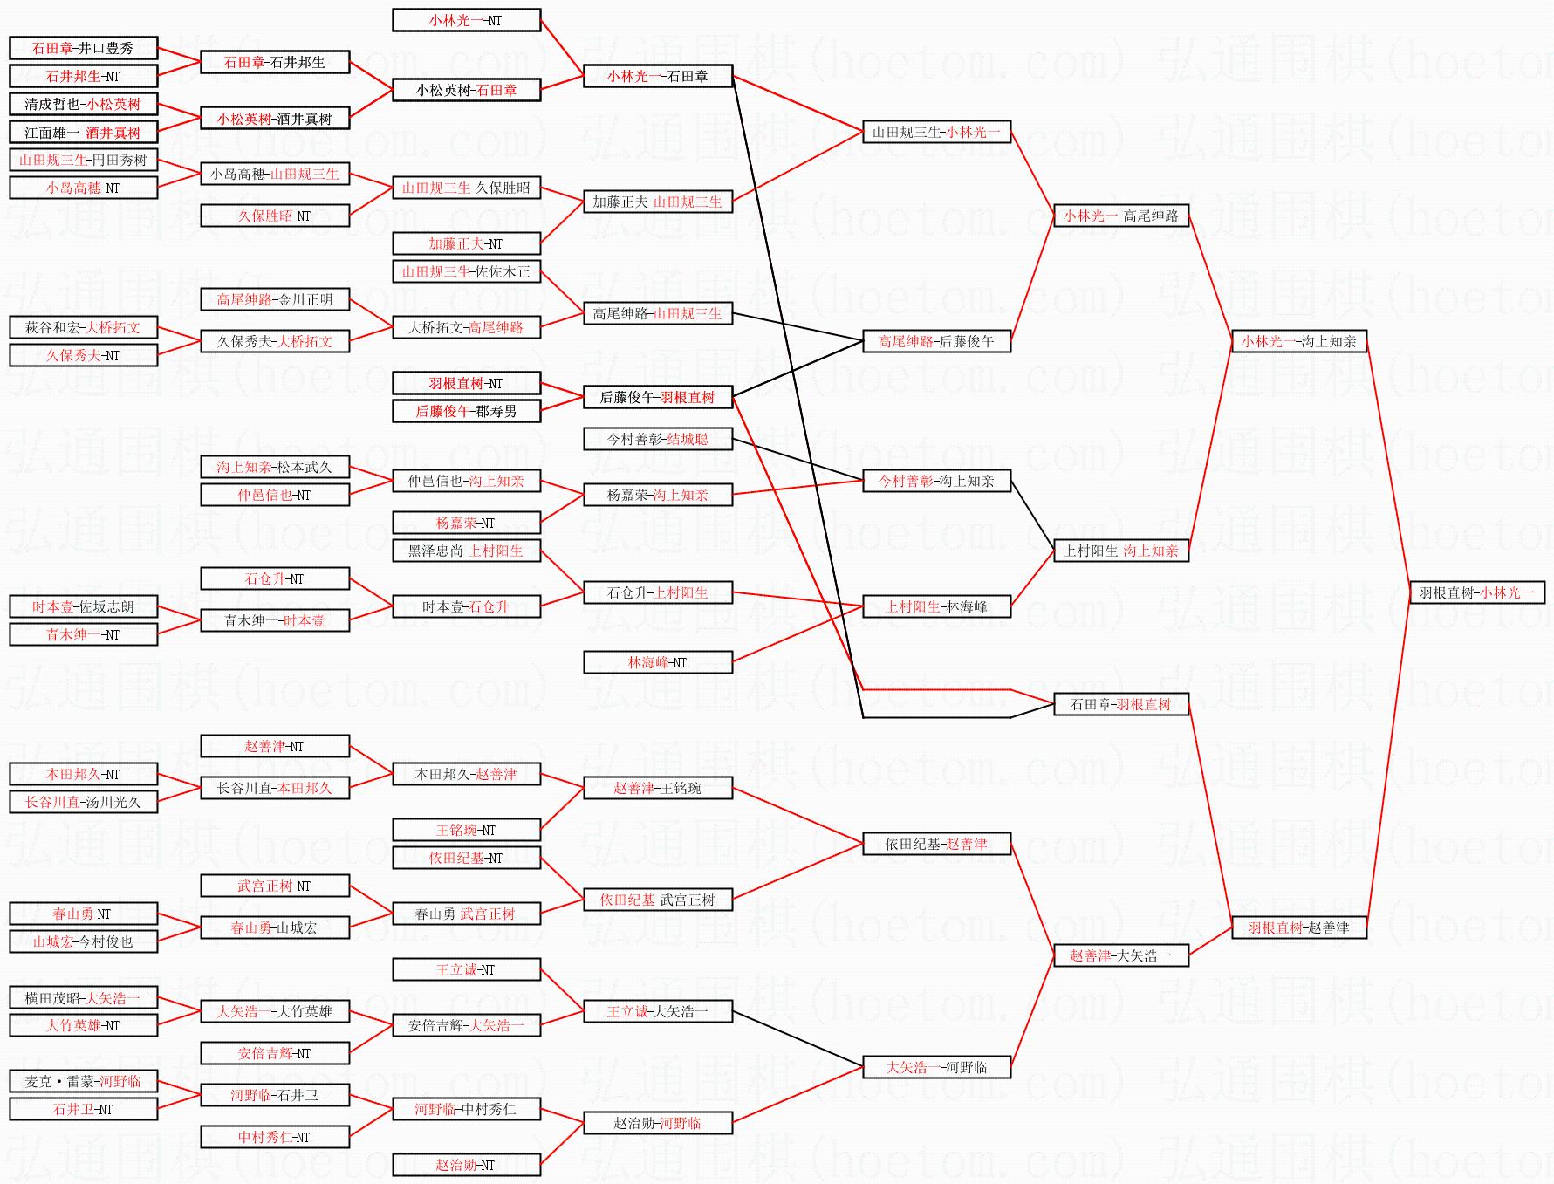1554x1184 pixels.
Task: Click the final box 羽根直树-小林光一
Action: (x=1476, y=592)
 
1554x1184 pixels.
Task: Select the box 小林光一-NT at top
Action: (x=466, y=20)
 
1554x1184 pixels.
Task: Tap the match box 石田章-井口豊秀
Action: (x=83, y=48)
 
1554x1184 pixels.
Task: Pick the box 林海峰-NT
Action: (x=657, y=662)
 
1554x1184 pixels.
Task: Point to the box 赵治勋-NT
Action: (x=466, y=1165)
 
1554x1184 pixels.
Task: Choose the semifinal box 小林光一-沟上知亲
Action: (x=1298, y=341)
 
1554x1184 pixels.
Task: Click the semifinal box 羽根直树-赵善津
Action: (x=1298, y=927)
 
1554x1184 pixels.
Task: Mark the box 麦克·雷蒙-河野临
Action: (x=83, y=1081)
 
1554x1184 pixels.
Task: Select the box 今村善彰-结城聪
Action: (x=657, y=439)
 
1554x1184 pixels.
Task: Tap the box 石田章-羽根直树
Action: (x=1120, y=704)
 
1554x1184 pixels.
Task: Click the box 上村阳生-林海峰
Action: (x=936, y=606)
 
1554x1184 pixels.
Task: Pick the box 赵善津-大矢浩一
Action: (x=1120, y=955)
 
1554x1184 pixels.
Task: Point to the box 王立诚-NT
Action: (x=466, y=969)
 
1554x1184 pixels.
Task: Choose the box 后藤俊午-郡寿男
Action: (x=466, y=411)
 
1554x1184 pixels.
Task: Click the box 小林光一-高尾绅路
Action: (x=1120, y=216)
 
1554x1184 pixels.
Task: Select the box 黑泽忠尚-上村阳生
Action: (x=466, y=551)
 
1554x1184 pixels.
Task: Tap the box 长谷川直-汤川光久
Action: (x=83, y=802)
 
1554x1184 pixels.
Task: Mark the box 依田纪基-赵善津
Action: (x=936, y=844)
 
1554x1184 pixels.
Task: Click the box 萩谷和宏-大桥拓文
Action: (x=83, y=327)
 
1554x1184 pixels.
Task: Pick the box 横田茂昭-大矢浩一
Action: (x=83, y=997)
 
